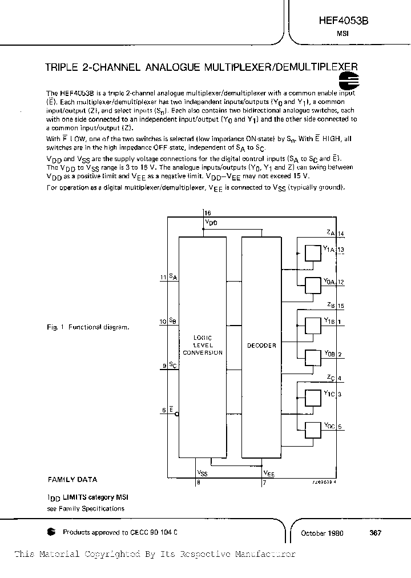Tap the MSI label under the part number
343,34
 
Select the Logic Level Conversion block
202,345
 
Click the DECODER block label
261,345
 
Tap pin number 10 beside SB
163,320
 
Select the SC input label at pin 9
173,366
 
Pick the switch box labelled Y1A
313,253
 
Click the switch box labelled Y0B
313,358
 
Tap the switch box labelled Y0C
313,430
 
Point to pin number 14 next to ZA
341,234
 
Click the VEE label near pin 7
268,473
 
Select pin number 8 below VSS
199,482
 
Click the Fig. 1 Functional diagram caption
88,327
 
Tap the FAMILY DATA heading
72,480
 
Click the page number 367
375,532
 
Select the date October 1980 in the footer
322,532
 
